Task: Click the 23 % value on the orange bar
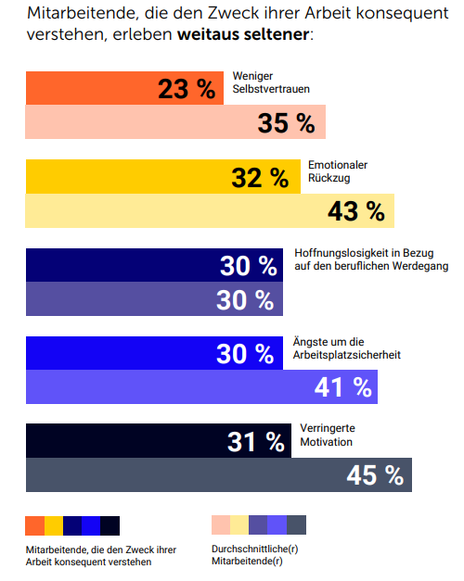pos(186,89)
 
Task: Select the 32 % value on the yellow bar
pos(260,178)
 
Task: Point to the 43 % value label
pos(355,211)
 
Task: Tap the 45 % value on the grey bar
pos(375,475)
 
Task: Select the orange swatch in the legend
pos(35,525)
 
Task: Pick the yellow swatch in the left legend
pos(54,525)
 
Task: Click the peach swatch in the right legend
pos(221,525)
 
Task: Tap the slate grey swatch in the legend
pos(296,525)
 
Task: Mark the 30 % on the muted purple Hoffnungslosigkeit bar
pos(245,300)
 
